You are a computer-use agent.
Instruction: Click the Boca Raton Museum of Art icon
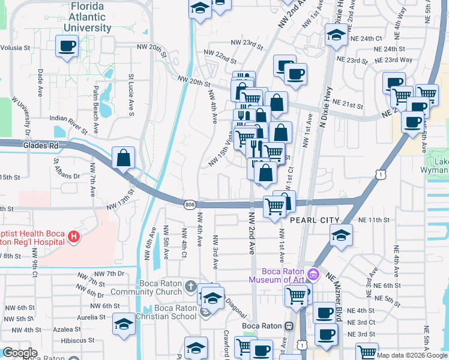[312, 275]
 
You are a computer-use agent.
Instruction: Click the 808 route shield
[190, 205]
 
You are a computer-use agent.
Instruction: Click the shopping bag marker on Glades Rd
[123, 158]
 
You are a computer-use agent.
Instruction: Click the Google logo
[20, 353]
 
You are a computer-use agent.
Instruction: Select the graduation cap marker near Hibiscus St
[124, 325]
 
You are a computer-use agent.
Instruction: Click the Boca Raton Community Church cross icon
[191, 285]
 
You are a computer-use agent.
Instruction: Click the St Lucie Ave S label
[130, 95]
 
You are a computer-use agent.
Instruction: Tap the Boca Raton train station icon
[289, 326]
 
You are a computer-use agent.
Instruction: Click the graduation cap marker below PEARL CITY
[341, 235]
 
